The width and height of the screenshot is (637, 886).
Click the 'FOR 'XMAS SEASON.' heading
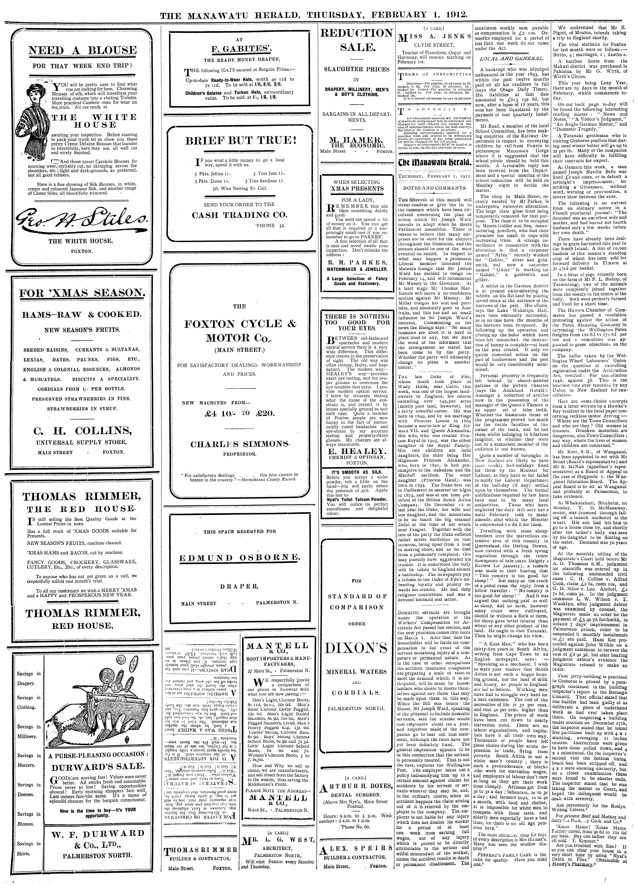tap(81, 293)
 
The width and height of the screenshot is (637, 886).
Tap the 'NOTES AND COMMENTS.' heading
tap(433, 188)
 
